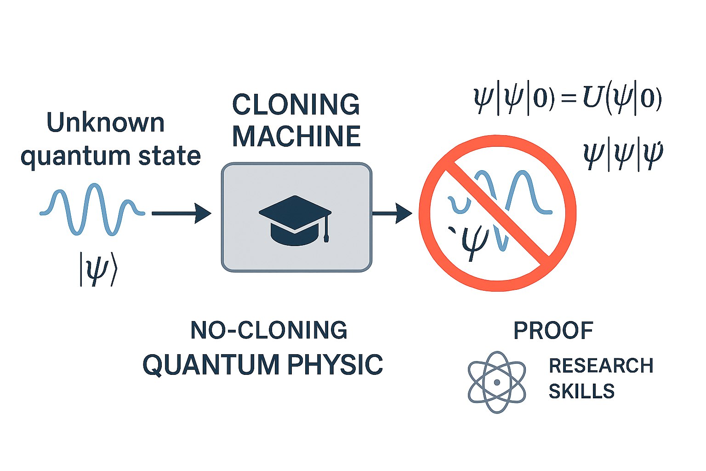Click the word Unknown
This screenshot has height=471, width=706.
click(x=106, y=123)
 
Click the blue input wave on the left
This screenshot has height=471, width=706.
click(x=92, y=210)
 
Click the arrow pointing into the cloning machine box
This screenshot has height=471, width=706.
click(x=181, y=213)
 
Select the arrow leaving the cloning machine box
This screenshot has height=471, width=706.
click(x=392, y=213)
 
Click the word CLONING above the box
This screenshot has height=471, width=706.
click(x=296, y=105)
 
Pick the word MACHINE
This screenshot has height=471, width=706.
click(x=296, y=136)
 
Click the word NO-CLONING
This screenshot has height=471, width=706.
click(x=269, y=330)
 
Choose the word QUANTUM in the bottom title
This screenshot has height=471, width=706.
click(x=211, y=365)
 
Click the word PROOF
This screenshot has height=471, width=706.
click(x=553, y=330)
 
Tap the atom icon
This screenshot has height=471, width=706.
click(x=496, y=382)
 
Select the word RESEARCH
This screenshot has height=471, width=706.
click(x=601, y=366)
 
